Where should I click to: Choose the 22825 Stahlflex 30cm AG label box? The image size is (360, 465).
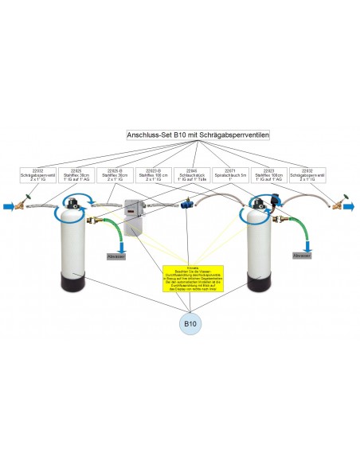[x=76, y=175]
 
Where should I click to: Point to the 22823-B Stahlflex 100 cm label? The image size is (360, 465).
[x=153, y=175]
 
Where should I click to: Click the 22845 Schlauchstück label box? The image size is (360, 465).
[x=191, y=175]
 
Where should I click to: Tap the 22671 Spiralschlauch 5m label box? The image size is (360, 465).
[x=229, y=175]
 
